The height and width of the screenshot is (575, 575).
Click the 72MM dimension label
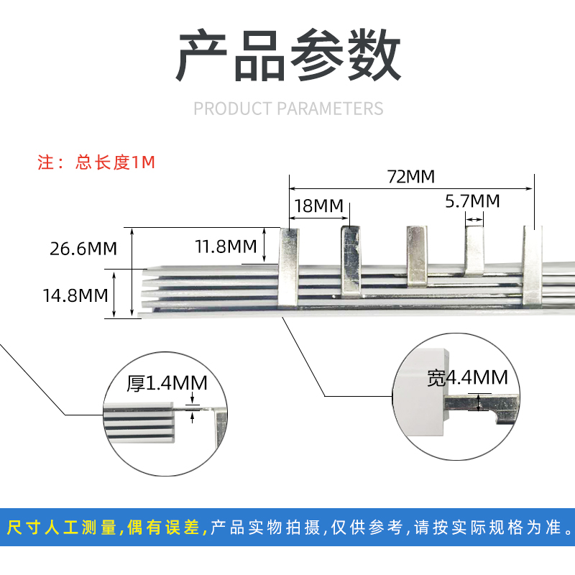(411, 177)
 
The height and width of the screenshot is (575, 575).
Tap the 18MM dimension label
(318, 206)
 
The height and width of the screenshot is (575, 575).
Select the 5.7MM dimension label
(472, 201)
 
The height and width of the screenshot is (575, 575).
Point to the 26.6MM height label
(83, 249)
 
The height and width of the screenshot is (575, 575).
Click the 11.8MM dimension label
(226, 247)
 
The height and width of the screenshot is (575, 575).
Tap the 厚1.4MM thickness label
(167, 384)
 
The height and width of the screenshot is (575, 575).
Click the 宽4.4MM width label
(467, 377)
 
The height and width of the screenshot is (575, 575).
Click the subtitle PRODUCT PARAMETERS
(288, 109)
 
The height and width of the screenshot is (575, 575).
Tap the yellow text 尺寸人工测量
(62, 528)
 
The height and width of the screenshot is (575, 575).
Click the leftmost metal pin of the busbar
(287, 266)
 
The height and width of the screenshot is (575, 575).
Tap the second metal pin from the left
(349, 259)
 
